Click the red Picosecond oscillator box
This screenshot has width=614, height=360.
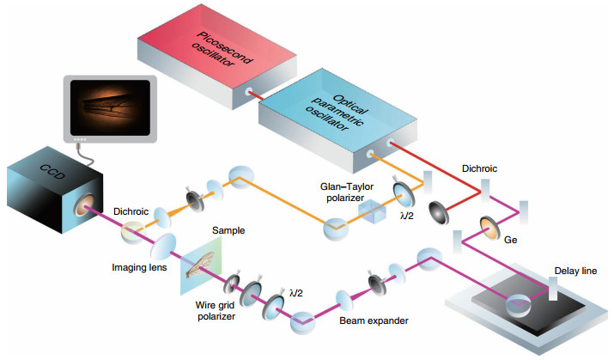click(217, 57)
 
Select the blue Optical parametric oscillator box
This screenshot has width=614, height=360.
click(337, 119)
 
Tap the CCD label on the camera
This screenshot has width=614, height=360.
click(52, 172)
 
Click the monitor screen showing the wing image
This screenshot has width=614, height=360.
click(110, 107)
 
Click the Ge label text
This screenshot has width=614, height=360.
click(510, 240)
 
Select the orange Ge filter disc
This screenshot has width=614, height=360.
click(490, 228)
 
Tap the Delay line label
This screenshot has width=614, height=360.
click(575, 271)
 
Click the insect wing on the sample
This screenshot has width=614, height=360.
click(200, 265)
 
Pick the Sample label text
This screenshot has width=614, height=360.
click(228, 230)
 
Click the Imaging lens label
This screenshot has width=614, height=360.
click(139, 267)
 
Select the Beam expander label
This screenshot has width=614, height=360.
click(374, 320)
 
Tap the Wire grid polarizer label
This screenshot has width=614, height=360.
click(216, 311)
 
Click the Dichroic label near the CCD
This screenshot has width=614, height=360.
click(131, 211)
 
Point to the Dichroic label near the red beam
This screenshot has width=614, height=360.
click(479, 168)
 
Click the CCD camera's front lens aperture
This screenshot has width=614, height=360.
click(83, 204)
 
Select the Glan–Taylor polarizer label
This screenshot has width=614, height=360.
click(347, 192)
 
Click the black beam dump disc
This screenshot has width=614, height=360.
click(439, 213)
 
